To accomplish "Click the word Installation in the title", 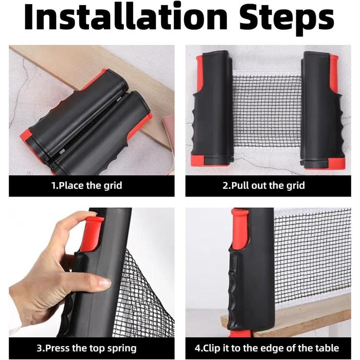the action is coord(125,18).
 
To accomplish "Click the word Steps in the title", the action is coord(287,20).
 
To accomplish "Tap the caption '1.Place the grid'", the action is coord(86,186).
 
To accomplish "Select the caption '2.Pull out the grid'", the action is coord(263,186).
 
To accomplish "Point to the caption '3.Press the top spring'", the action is coord(86,348).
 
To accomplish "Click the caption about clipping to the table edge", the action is coord(267,348).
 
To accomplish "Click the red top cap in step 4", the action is coord(240,229).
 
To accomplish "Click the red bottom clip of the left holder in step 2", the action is coord(198,160).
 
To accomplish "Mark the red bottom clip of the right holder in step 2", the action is coord(336,164).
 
